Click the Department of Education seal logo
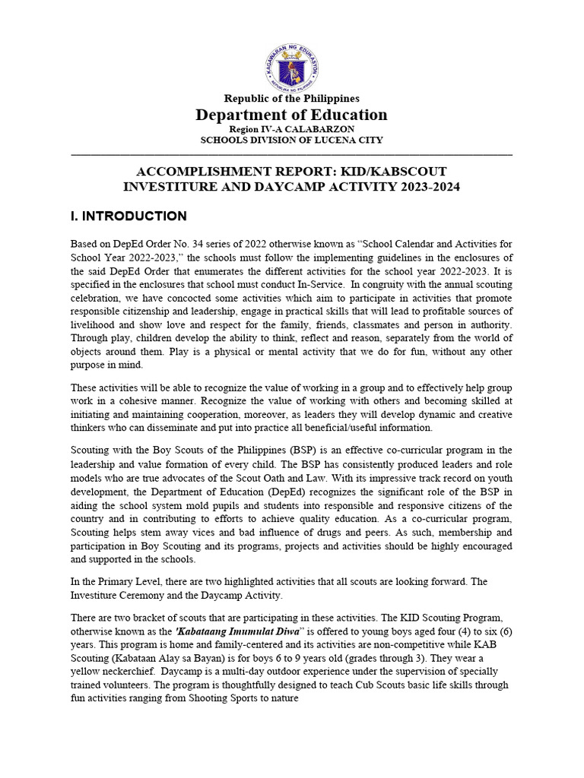point(291,67)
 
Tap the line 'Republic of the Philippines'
point(291,99)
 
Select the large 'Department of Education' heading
point(291,115)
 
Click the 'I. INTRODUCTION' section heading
point(127,217)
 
